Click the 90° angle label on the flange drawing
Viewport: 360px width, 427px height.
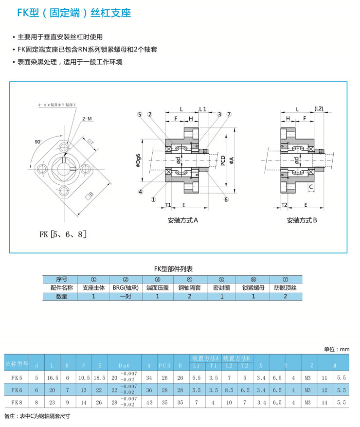[x=38, y=142]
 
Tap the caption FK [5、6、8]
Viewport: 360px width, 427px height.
[x=63, y=234]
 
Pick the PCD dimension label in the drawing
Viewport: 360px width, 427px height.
[x=222, y=161]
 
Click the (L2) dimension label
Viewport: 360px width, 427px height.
[x=319, y=108]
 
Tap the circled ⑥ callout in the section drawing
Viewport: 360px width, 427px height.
[x=226, y=199]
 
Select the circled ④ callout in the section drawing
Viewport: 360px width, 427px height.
[x=141, y=191]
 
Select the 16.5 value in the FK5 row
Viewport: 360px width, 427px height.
[x=52, y=377]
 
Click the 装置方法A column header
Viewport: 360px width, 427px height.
[x=206, y=357]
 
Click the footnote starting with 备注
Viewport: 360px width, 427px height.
[x=37, y=417]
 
